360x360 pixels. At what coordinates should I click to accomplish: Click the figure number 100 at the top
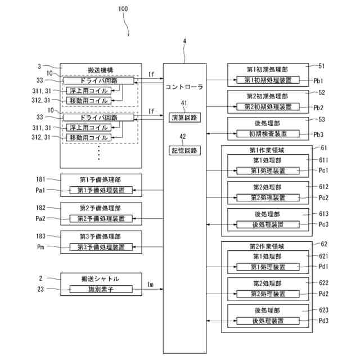tap(123, 9)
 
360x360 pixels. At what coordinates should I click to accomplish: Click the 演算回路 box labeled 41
tap(184, 117)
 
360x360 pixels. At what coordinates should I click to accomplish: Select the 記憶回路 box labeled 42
tap(184, 150)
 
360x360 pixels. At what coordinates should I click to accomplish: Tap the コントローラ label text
tap(184, 88)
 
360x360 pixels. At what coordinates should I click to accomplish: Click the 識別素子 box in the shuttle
tap(101, 289)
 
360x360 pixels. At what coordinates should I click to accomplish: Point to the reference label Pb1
tap(319, 81)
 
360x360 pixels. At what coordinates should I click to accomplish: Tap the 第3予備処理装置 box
tap(101, 247)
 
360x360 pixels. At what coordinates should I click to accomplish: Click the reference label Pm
tap(40, 247)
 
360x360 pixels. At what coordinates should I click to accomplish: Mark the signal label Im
tap(150, 284)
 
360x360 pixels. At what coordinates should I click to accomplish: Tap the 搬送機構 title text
tap(101, 68)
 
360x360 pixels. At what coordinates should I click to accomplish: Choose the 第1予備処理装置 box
tap(101, 191)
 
